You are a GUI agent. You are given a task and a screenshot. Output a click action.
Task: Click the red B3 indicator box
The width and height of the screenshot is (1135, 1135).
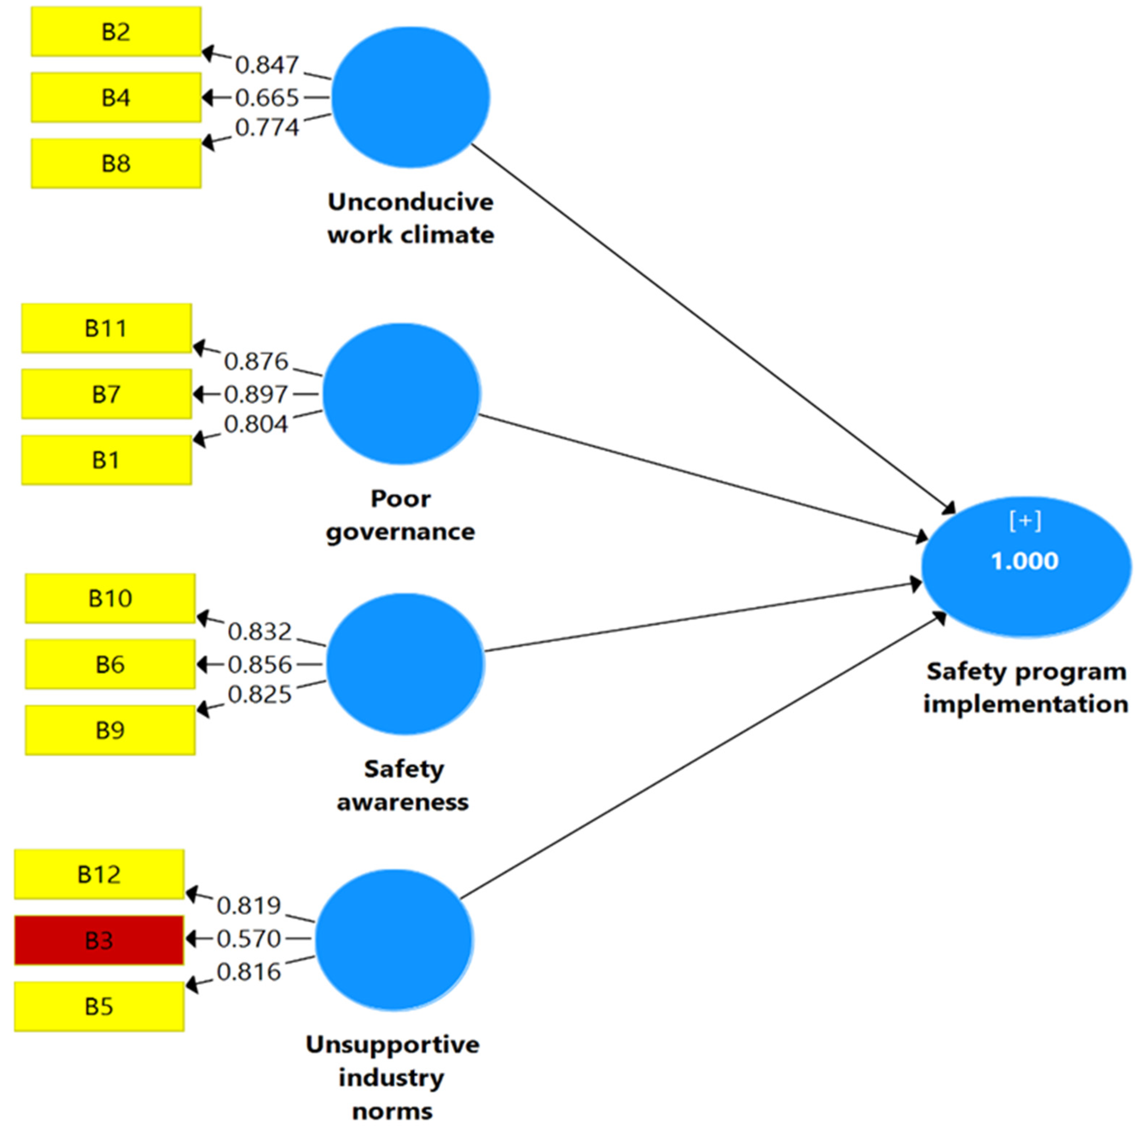click(99, 940)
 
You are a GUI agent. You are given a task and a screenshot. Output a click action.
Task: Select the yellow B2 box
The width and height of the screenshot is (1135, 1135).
click(116, 31)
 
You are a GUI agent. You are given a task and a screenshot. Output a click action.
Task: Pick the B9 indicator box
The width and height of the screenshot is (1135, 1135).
click(110, 730)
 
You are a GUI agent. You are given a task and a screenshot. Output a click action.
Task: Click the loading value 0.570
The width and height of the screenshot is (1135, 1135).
click(249, 939)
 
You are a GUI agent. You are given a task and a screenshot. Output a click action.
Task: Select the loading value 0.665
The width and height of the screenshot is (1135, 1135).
click(267, 98)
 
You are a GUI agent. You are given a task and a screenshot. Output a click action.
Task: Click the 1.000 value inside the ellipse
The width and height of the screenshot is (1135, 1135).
click(1025, 561)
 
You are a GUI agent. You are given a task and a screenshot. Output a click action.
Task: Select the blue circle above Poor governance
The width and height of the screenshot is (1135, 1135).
click(402, 394)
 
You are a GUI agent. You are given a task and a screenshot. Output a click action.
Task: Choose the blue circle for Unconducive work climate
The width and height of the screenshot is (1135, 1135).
click(411, 98)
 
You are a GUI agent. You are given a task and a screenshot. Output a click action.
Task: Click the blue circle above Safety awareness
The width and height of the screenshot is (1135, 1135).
click(405, 664)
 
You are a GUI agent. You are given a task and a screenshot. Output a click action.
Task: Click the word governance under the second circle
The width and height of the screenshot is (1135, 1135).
click(401, 532)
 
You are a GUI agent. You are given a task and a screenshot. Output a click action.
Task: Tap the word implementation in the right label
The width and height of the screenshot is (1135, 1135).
click(1025, 704)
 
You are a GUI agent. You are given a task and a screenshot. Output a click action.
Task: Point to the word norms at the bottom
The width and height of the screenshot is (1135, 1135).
click(392, 1111)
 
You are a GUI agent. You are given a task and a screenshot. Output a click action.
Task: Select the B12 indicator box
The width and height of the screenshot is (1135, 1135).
click(99, 874)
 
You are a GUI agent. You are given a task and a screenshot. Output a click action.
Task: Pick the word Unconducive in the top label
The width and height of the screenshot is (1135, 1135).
click(411, 202)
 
